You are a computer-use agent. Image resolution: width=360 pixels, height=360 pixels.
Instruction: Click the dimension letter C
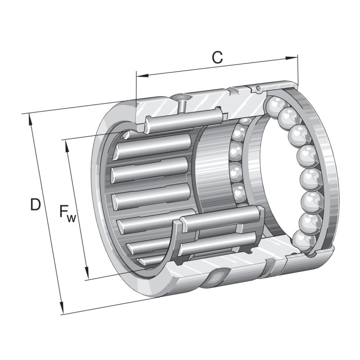point(217,58)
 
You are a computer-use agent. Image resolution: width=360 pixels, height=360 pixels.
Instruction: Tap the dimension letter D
point(35,205)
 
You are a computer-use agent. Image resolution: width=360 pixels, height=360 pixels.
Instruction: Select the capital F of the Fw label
point(64,211)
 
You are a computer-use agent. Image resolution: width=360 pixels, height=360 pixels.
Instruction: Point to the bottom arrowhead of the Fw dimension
point(87,276)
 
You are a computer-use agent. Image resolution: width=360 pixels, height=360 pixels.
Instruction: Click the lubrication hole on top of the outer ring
point(180,97)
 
